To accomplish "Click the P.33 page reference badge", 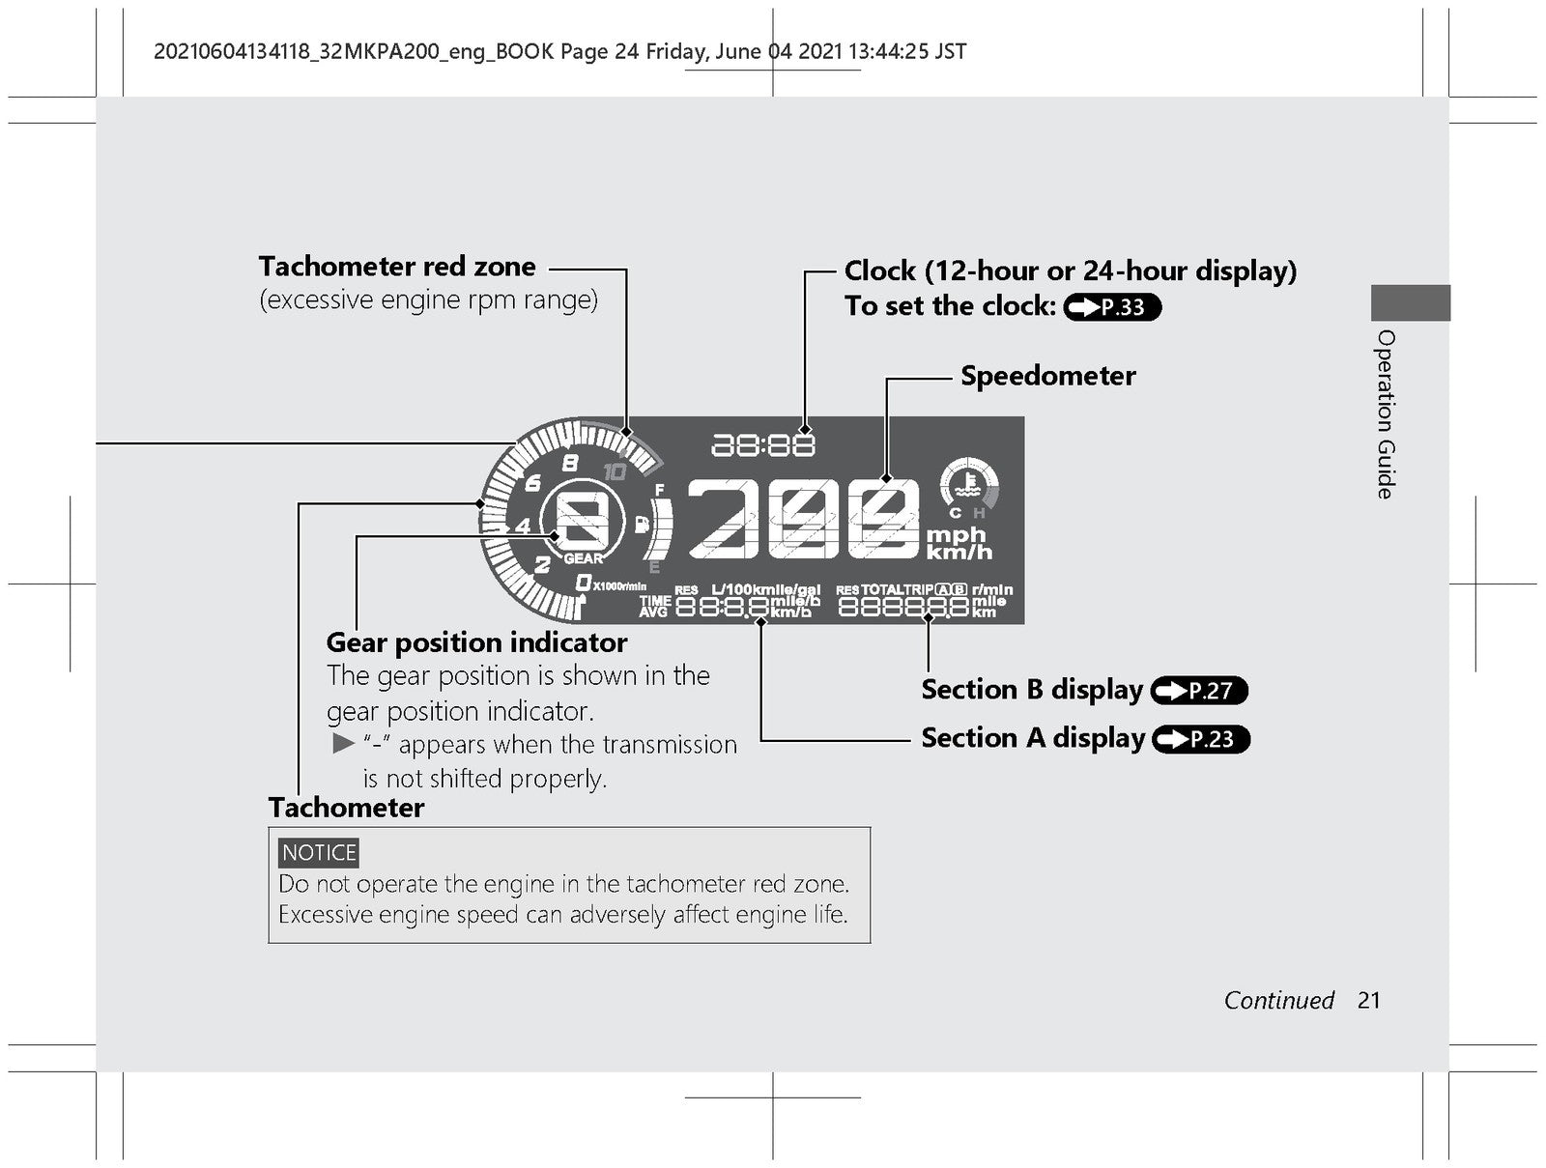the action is pos(1112,307).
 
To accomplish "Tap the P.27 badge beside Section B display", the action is pos(1199,691).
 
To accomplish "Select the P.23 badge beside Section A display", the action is pos(1201,739).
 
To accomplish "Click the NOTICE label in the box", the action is pos(318,853).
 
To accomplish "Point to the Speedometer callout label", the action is pos(1048,376).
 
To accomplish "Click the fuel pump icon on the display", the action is pos(641,525).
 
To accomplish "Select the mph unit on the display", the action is pos(955,535).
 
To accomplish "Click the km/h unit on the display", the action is pos(959,552).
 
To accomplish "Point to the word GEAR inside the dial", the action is pos(584,558).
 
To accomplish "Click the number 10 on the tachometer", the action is pos(615,471).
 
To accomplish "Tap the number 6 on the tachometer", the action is pos(533,483).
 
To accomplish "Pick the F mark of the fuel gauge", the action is pos(659,489).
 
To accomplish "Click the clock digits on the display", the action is pos(762,445).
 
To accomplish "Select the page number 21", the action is pos(1368,1001).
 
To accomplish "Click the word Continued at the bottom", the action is pos(1279,1001).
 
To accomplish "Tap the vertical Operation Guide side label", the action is pos(1386,414).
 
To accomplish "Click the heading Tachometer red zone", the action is pos(397,267).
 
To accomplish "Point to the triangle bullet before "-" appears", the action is pos(344,743).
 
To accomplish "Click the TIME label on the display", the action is pos(655,600).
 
